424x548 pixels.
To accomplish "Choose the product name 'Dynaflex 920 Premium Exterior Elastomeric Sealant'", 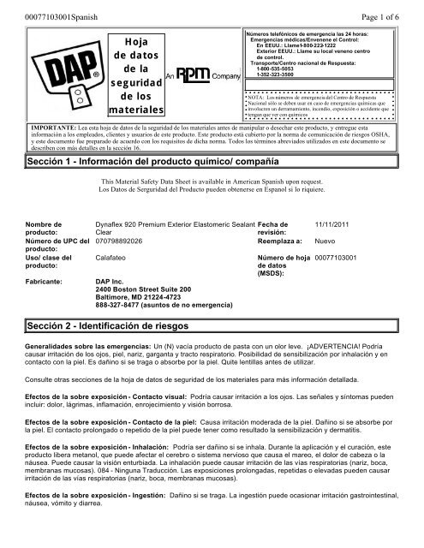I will pyautogui.click(x=174, y=223).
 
